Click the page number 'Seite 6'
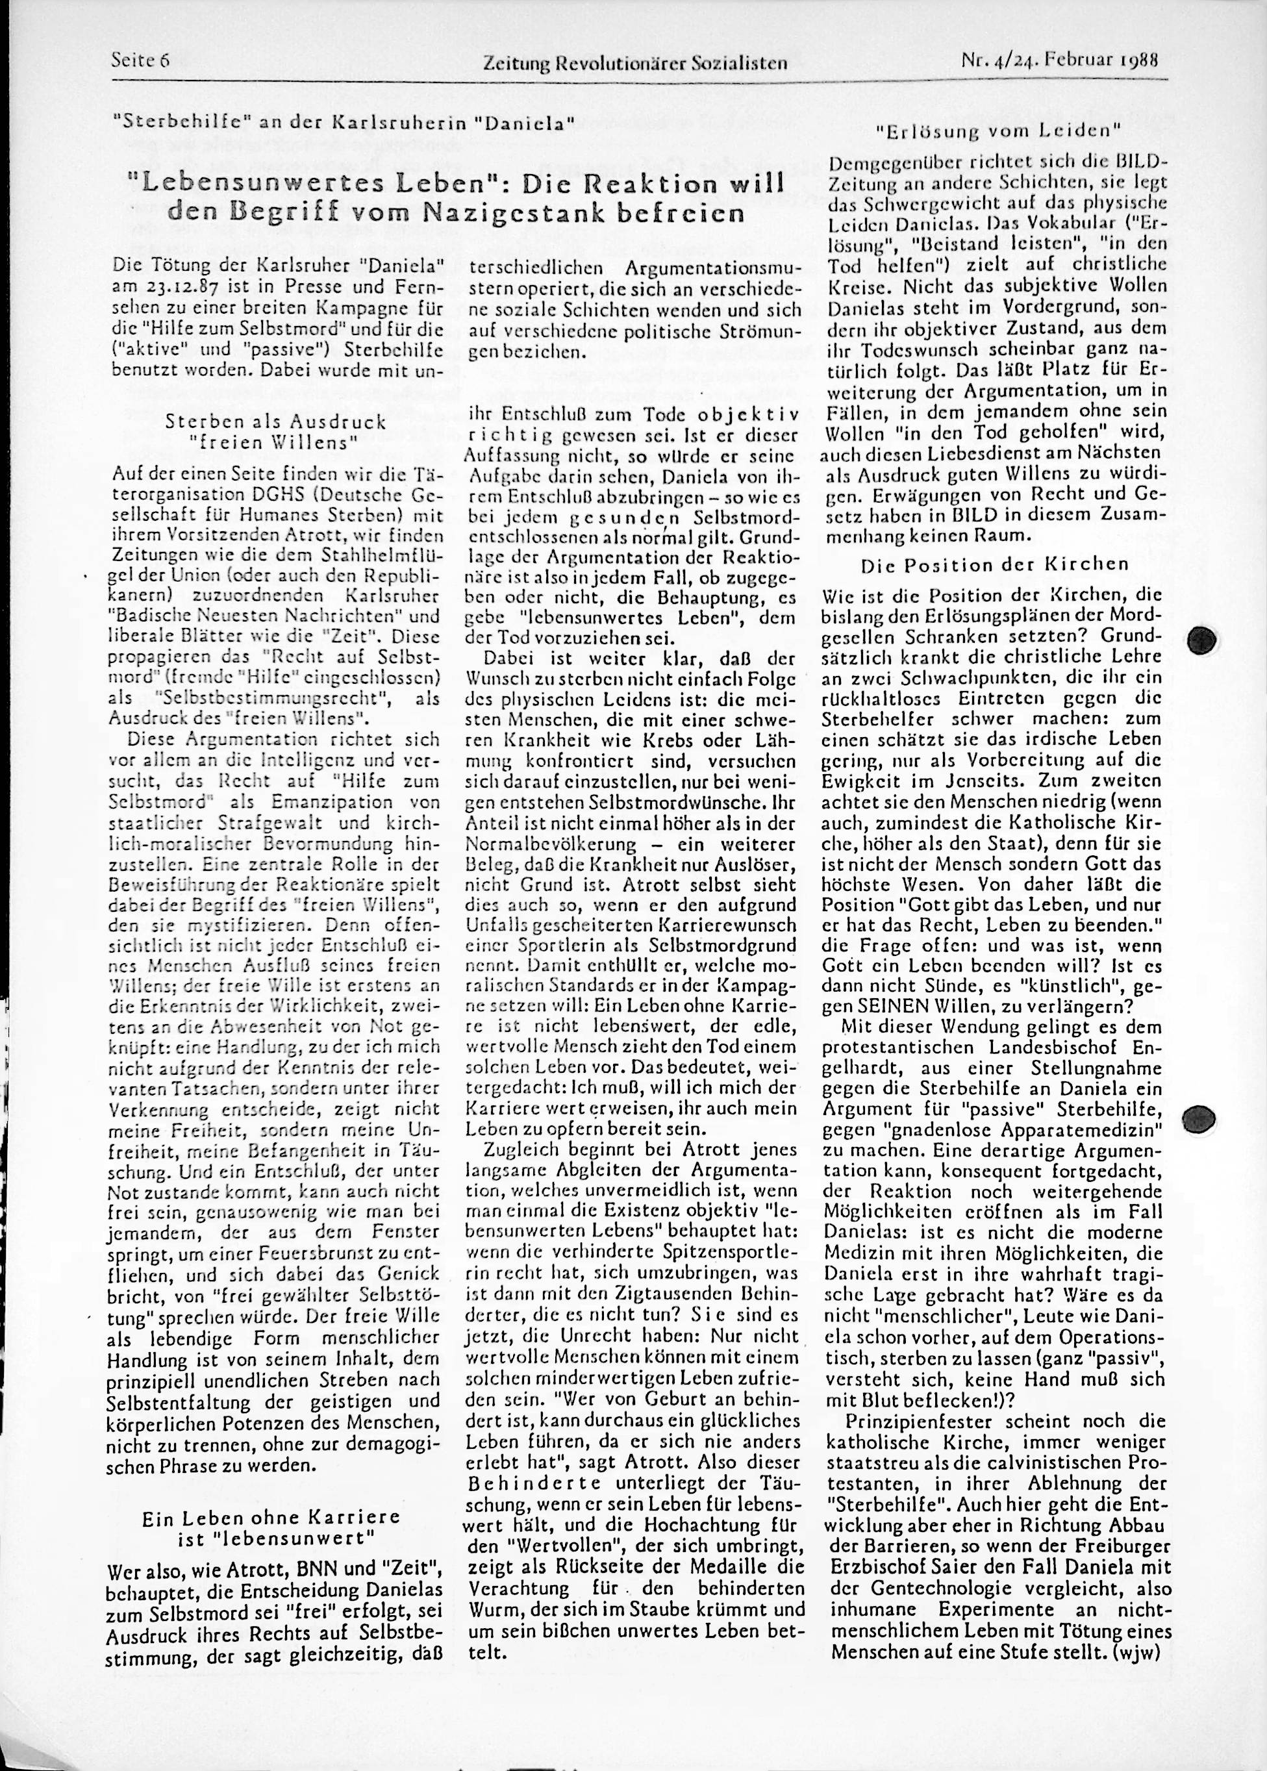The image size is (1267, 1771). [140, 60]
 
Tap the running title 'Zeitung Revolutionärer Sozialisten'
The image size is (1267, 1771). [635, 64]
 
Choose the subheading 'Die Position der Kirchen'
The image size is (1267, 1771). [995, 565]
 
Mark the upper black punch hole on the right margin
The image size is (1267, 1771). [1202, 640]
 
